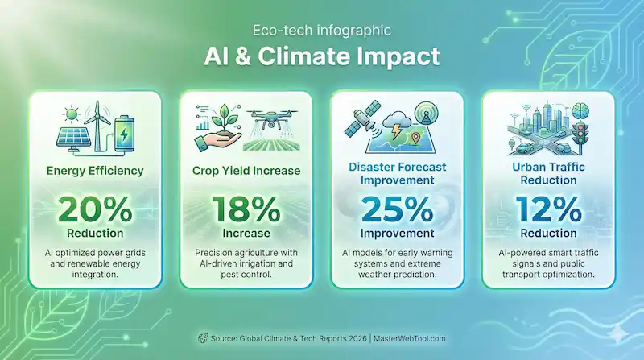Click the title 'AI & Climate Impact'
[322, 58]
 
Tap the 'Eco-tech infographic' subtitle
[322, 31]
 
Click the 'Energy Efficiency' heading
[96, 170]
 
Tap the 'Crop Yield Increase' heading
[246, 170]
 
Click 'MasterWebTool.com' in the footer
[410, 338]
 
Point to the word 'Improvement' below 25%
[397, 234]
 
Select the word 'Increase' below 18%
[246, 234]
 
